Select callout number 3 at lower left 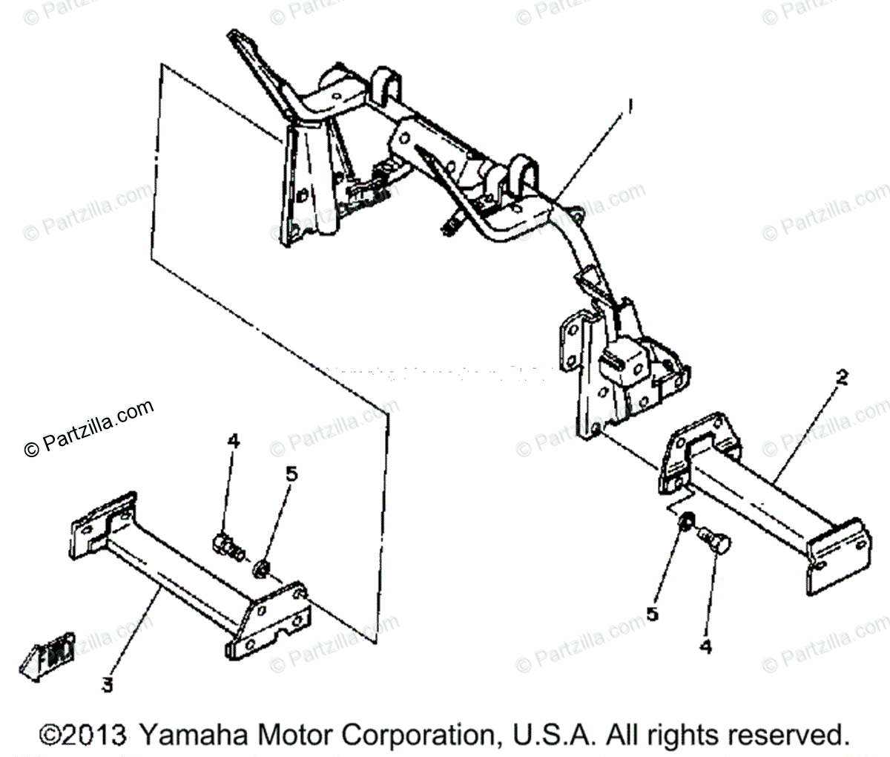click(x=108, y=684)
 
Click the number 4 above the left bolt click(x=234, y=441)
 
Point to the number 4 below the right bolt click(x=705, y=647)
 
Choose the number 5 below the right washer click(x=653, y=615)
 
